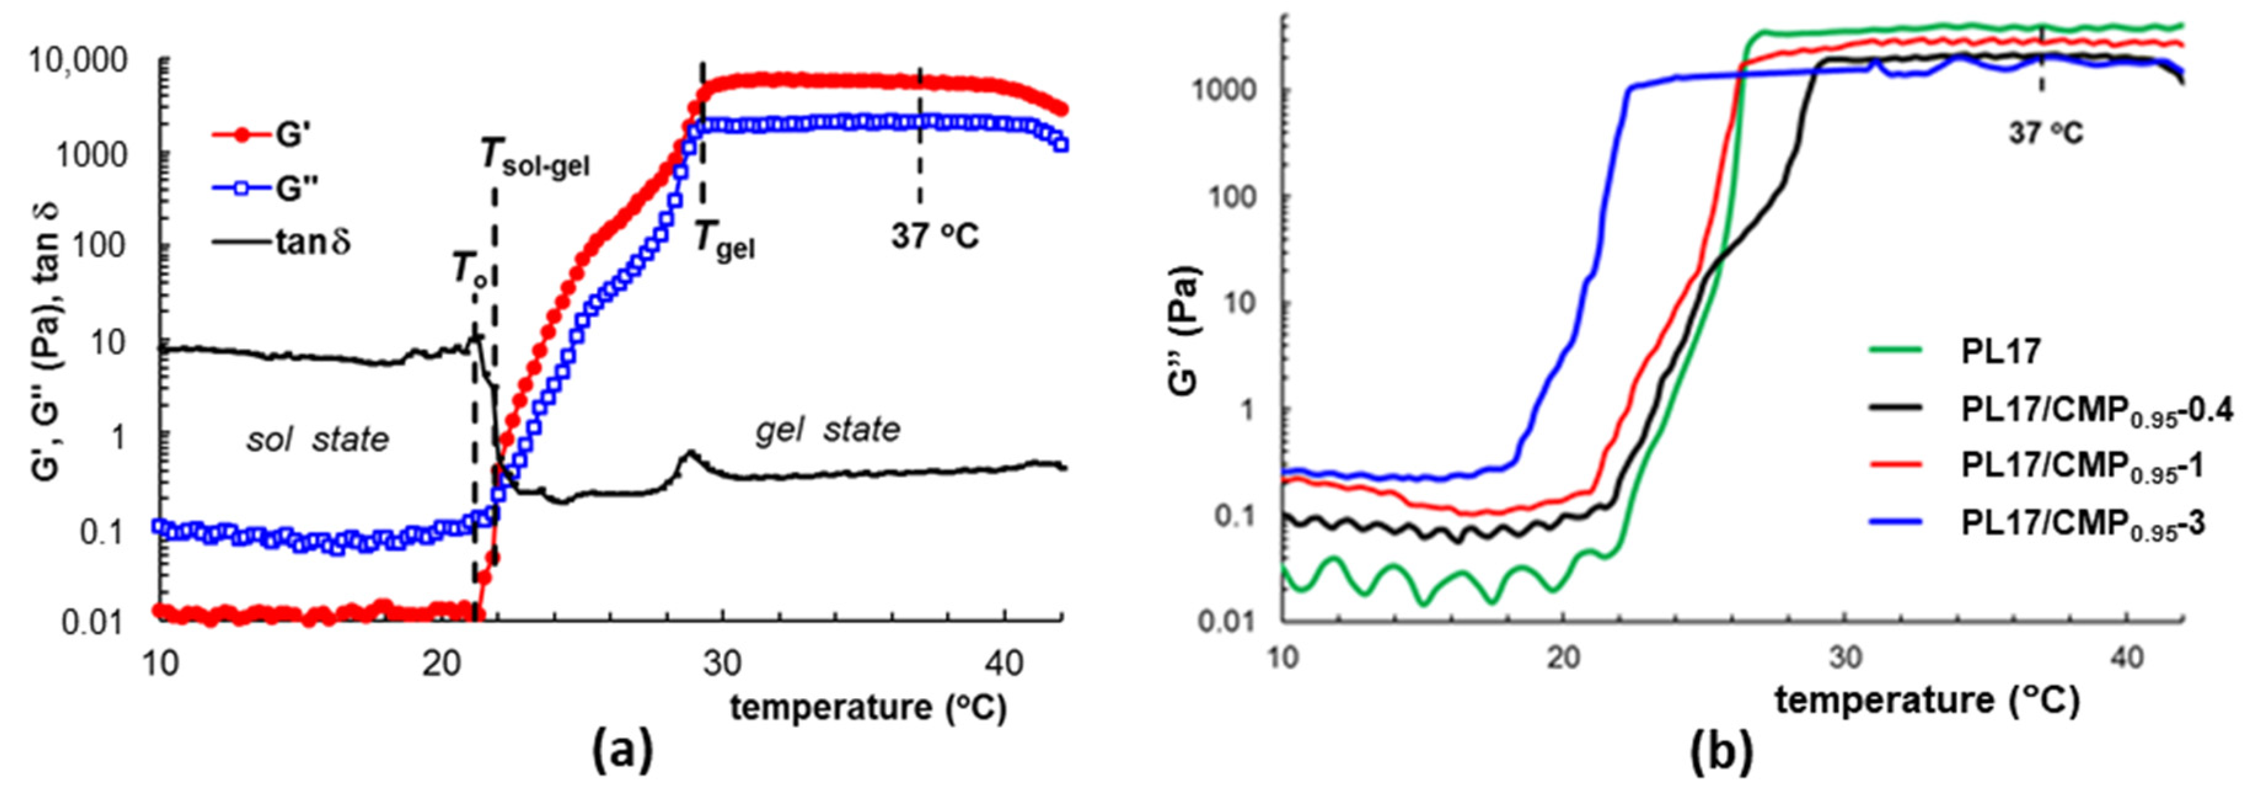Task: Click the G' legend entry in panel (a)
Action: tap(263, 134)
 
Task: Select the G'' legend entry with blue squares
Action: tap(263, 189)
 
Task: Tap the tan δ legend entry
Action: tap(281, 242)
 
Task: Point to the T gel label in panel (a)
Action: tap(724, 238)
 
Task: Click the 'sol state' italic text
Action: tap(317, 439)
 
